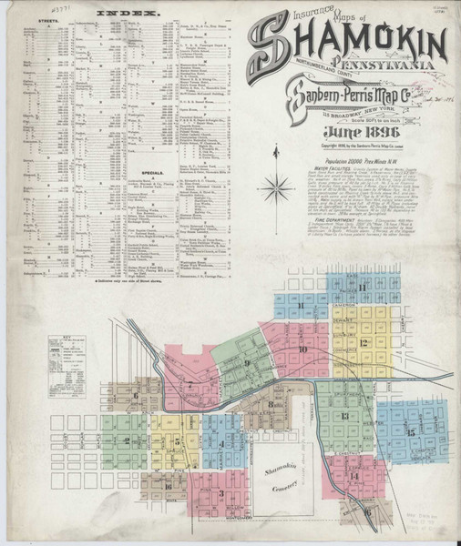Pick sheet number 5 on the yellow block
point(177,441)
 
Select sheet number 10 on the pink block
point(302,349)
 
